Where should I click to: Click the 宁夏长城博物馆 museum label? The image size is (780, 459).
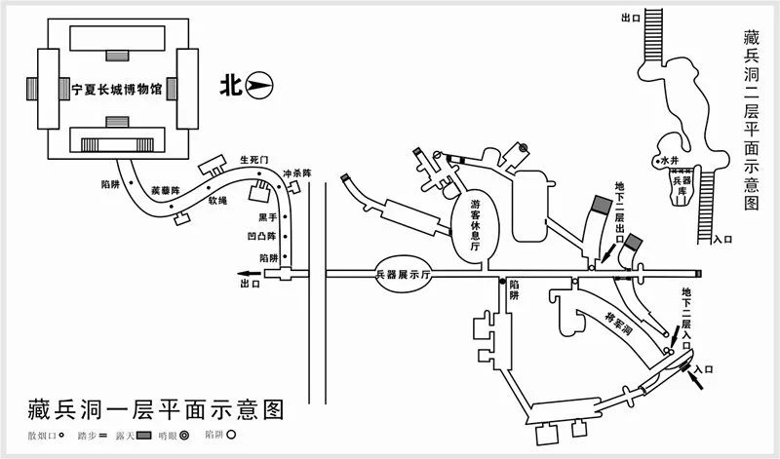point(116,87)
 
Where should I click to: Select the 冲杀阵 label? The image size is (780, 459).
point(296,173)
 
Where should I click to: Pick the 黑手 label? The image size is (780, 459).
point(267,217)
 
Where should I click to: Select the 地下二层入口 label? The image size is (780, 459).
point(687,313)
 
